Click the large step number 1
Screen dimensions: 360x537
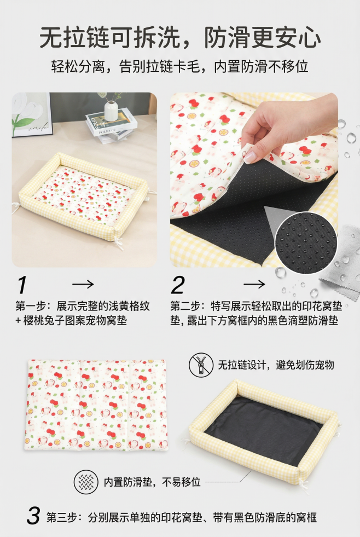22,285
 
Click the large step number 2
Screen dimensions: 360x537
178,285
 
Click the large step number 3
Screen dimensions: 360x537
33,516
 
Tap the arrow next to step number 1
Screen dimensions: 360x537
83,284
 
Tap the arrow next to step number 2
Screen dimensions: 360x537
254,284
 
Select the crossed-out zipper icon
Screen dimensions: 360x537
201,365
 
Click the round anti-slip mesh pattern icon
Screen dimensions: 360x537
86,482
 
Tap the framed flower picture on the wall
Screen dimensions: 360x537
32,115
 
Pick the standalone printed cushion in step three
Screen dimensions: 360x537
96,405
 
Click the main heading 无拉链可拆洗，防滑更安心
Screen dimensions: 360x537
180,38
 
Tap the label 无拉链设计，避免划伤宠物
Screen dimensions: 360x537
276,365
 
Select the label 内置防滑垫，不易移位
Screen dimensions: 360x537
152,482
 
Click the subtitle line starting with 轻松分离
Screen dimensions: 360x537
180,66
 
